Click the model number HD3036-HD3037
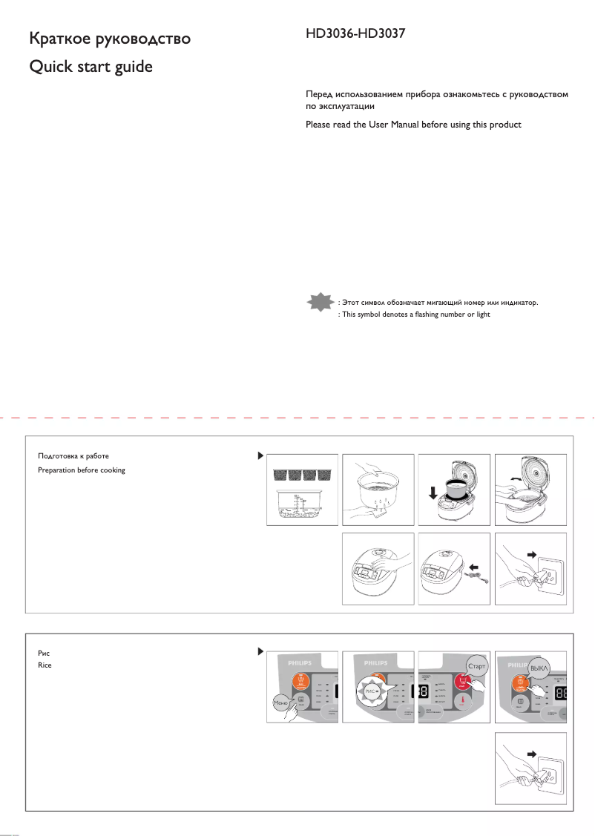tap(355, 35)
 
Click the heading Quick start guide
tap(90, 67)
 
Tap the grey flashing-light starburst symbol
tap(320, 303)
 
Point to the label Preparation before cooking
tap(81, 470)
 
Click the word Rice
tap(45, 665)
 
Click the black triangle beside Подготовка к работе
tap(260, 455)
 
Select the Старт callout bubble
tap(476, 666)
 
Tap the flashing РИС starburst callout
tap(372, 691)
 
